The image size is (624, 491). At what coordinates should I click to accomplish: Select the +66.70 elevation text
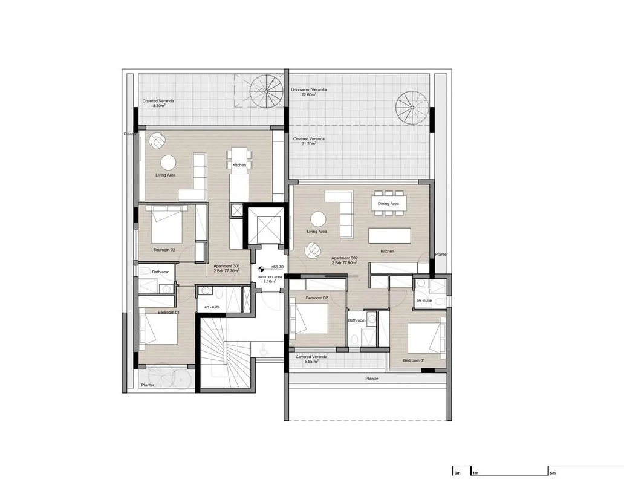click(277, 267)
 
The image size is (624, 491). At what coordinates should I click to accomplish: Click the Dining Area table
click(389, 201)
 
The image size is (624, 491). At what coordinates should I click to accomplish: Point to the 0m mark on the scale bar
click(457, 472)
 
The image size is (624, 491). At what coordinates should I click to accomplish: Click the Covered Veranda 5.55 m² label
click(311, 359)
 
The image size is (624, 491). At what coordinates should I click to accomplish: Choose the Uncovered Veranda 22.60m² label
click(309, 93)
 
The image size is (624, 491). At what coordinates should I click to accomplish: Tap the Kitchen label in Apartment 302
click(388, 250)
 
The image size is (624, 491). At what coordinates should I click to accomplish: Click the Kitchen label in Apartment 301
click(240, 165)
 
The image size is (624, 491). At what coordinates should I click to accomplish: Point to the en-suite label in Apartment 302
click(423, 301)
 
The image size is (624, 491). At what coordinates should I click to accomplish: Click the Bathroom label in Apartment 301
click(161, 272)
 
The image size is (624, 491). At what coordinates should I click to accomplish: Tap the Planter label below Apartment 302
click(372, 379)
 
